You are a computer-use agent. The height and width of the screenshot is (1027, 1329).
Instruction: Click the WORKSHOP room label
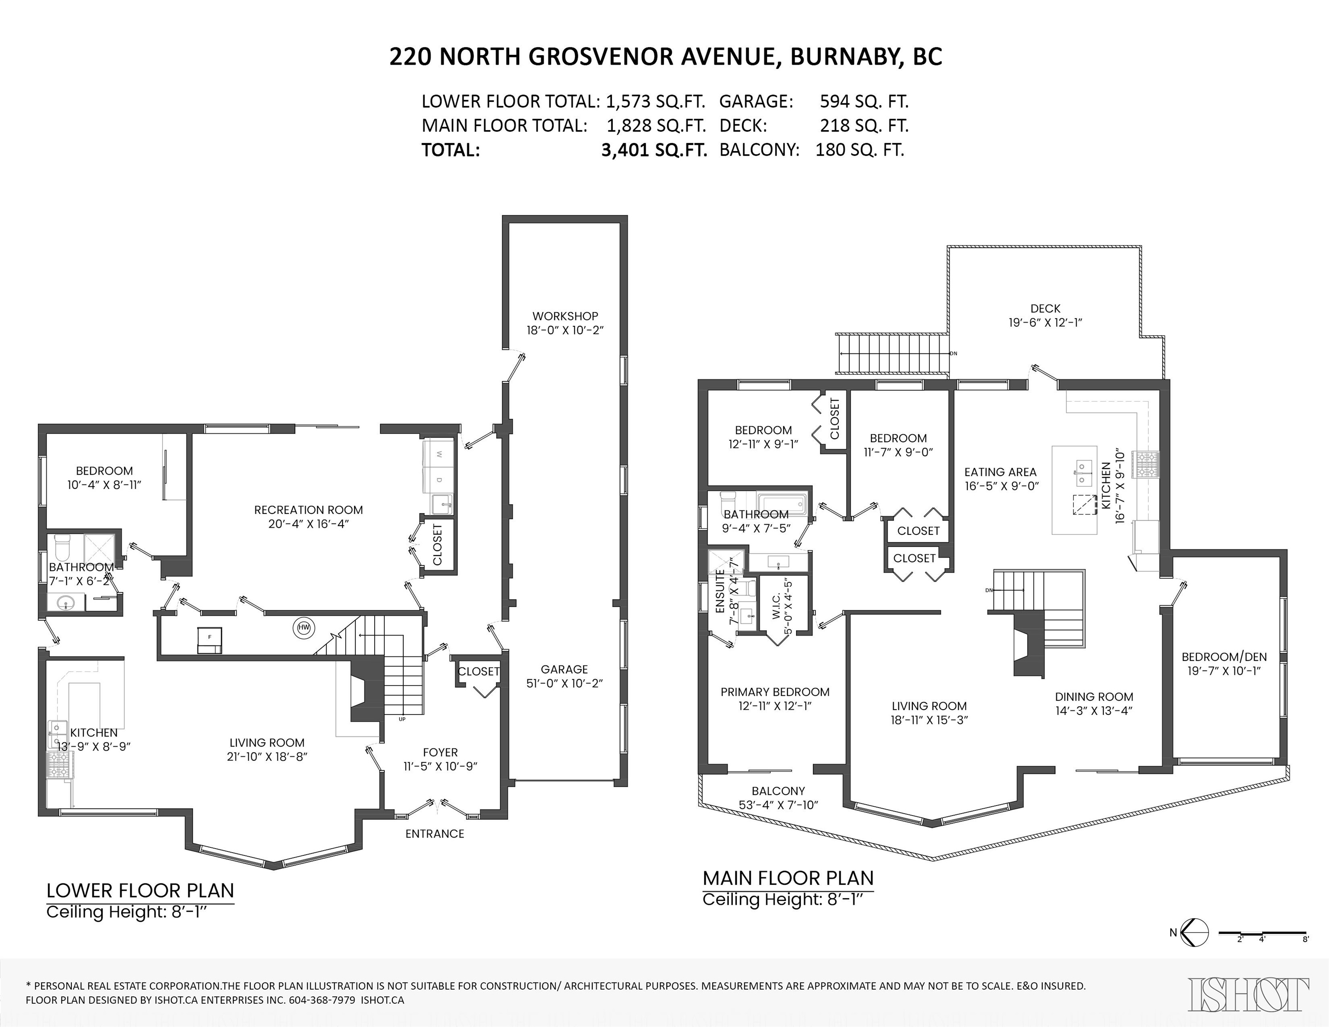click(565, 316)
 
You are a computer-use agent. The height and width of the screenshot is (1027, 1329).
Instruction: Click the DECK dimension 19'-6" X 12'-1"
click(1045, 323)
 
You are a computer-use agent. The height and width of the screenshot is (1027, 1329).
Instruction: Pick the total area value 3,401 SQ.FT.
click(654, 150)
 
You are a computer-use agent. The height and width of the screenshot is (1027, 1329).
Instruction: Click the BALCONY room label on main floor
click(778, 791)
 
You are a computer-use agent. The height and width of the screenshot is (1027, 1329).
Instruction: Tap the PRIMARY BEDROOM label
click(775, 692)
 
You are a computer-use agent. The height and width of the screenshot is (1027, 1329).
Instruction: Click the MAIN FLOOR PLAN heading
click(788, 878)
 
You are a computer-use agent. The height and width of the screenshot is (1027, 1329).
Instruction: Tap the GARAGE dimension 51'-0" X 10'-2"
click(565, 683)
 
